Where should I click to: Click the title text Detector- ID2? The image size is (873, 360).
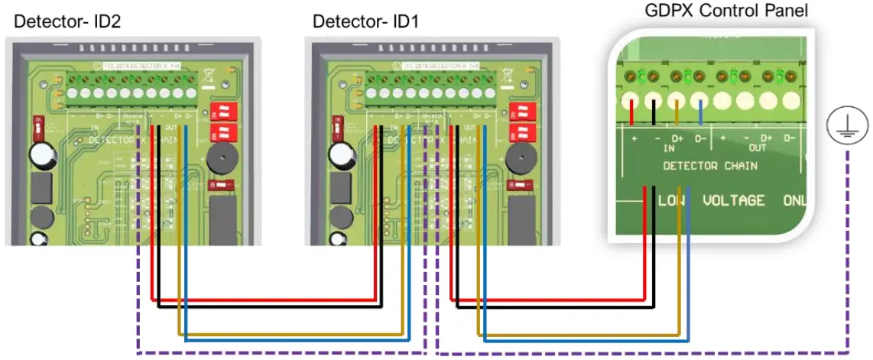coord(67,21)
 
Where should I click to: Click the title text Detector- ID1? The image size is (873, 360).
coord(365,21)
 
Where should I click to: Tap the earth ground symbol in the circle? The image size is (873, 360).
coord(847,126)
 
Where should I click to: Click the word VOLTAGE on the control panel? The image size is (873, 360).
coord(733,200)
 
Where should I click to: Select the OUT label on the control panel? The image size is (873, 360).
coord(757,147)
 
